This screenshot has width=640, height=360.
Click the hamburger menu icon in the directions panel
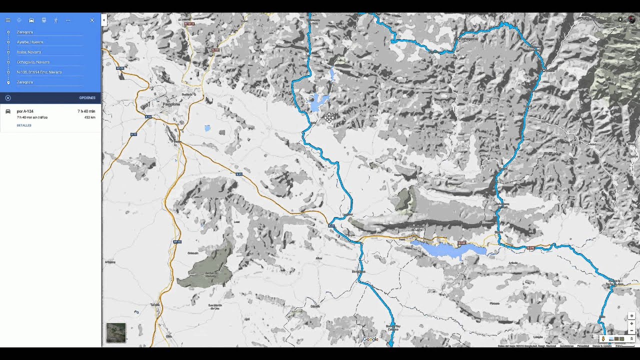(x=8, y=20)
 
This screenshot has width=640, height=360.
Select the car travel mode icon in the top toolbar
(x=31, y=20)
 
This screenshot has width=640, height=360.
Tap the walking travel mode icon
(x=55, y=20)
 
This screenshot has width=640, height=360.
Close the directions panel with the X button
(x=92, y=20)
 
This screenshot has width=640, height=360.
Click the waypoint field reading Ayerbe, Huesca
(x=30, y=42)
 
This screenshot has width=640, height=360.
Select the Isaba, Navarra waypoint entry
(x=29, y=52)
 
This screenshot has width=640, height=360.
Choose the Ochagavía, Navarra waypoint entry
(x=33, y=62)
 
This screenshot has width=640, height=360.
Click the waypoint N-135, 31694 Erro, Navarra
(x=39, y=72)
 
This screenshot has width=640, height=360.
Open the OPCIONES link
(x=87, y=98)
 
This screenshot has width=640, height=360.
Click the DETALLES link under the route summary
(x=24, y=125)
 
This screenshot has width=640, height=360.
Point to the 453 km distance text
(x=90, y=117)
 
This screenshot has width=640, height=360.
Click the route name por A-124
(x=25, y=111)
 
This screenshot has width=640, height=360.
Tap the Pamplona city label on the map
(x=171, y=104)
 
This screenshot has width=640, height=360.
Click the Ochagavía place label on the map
(x=469, y=38)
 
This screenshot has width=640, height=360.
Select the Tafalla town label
(x=154, y=304)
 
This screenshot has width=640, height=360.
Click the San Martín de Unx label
(x=215, y=306)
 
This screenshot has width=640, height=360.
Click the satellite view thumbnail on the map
(x=116, y=332)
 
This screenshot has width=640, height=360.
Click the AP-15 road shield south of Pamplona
(x=177, y=241)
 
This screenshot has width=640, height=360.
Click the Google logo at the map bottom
(x=370, y=339)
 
